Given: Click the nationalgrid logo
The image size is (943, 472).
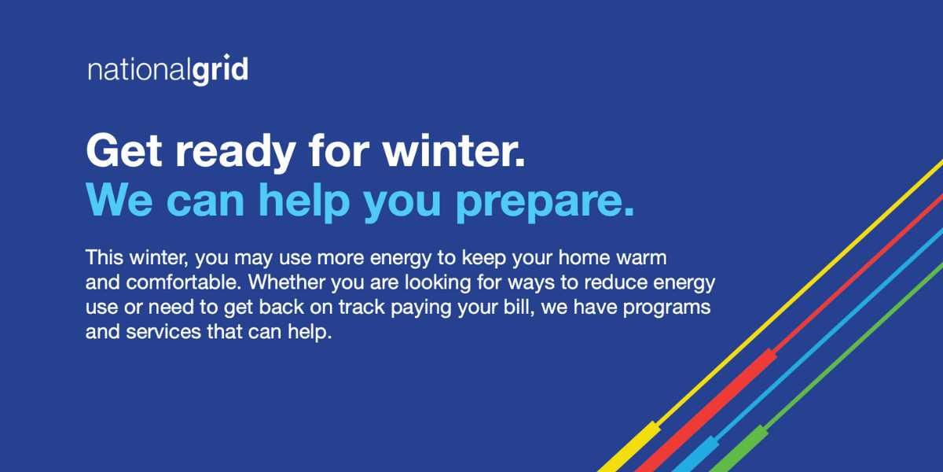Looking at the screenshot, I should pyautogui.click(x=167, y=70).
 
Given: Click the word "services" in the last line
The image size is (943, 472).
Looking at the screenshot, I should pyautogui.click(x=152, y=332).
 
